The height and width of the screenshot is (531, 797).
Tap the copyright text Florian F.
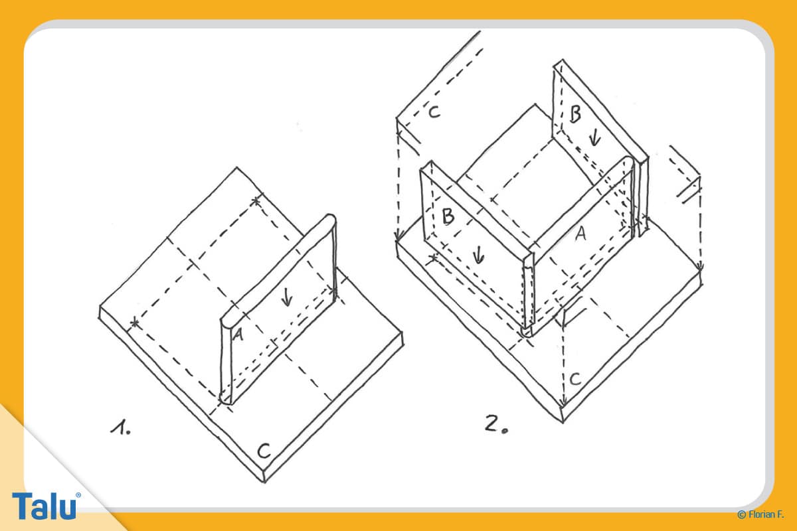tap(760, 514)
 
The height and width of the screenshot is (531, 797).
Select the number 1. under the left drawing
tap(121, 427)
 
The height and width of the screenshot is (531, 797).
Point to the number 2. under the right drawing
tap(496, 424)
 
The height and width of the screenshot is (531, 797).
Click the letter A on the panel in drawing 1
tap(238, 335)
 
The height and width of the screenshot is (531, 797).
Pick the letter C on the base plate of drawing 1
tap(264, 451)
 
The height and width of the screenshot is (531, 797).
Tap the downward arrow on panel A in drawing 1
tap(286, 297)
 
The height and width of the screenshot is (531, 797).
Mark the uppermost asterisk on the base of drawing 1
tap(256, 201)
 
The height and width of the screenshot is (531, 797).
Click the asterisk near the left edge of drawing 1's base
tap(134, 323)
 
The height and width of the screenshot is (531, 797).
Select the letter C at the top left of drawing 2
tap(434, 112)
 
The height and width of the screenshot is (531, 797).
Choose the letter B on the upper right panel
tap(575, 114)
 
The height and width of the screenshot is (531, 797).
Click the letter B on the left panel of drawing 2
tap(448, 216)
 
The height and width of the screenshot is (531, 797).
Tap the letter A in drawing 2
tap(580, 234)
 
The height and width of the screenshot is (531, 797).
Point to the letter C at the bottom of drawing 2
tap(575, 379)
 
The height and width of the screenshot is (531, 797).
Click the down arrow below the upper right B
tap(594, 137)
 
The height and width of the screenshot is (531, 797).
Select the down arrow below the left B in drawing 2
tap(479, 255)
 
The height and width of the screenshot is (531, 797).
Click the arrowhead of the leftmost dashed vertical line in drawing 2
tap(398, 236)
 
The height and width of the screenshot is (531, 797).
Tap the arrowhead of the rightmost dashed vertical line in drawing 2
tap(700, 267)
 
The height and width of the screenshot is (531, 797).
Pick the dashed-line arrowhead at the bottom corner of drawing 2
tap(563, 403)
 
